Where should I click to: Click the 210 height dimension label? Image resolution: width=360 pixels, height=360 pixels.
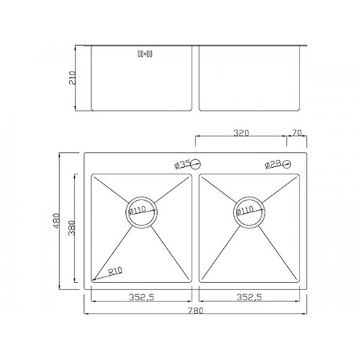(72, 78)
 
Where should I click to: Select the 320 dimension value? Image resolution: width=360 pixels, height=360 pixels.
(241, 133)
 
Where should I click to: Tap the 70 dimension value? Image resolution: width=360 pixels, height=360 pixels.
(297, 132)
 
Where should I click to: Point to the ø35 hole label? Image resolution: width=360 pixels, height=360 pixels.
(183, 164)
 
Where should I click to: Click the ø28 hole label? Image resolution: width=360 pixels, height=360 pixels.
(273, 164)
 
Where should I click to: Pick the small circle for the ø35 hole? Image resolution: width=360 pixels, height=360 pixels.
(197, 164)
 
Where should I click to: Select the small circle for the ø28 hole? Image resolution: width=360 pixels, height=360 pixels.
(287, 164)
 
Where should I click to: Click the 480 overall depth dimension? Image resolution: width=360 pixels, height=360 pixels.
(56, 221)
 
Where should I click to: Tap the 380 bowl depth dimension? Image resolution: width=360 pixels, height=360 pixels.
(72, 228)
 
